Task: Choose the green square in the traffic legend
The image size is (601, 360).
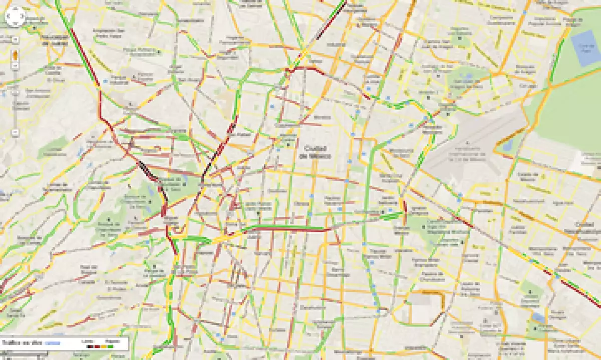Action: pos(110,346)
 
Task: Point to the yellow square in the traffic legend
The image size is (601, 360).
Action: pos(103,346)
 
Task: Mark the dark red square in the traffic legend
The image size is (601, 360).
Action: pos(97,346)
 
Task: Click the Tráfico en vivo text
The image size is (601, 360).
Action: pos(22,343)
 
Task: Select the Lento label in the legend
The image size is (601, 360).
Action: pos(87,341)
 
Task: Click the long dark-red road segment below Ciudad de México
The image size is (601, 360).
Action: pos(285,228)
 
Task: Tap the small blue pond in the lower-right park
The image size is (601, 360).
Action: pos(538,317)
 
